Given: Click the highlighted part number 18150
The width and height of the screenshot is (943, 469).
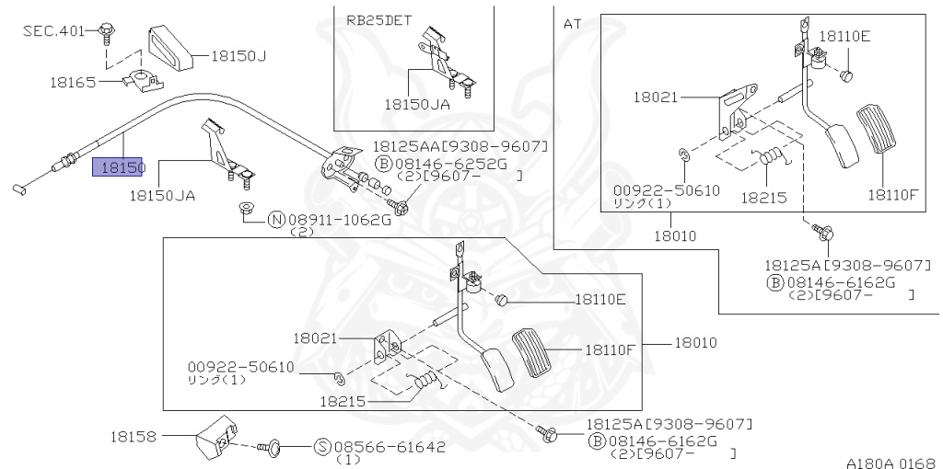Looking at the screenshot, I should [119, 167].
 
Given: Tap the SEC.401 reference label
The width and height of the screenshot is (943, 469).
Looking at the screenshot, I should [53, 30].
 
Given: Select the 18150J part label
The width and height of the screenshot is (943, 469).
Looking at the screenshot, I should [239, 55].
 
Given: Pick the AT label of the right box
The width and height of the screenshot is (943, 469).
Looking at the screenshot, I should [572, 24].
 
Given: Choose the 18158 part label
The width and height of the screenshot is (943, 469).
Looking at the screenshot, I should [134, 436].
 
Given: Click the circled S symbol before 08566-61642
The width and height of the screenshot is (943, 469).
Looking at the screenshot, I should [322, 448].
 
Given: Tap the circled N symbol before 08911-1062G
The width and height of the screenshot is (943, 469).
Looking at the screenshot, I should [275, 220].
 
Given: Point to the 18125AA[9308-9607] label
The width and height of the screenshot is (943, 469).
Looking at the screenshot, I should [460, 146].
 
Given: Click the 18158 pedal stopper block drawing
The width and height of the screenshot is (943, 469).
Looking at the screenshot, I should [216, 440].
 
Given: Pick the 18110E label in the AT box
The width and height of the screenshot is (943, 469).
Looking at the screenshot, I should [844, 37].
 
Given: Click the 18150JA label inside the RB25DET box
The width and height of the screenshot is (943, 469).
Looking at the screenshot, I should [417, 105].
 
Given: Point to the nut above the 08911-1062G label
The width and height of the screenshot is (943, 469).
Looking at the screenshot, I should [246, 208].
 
